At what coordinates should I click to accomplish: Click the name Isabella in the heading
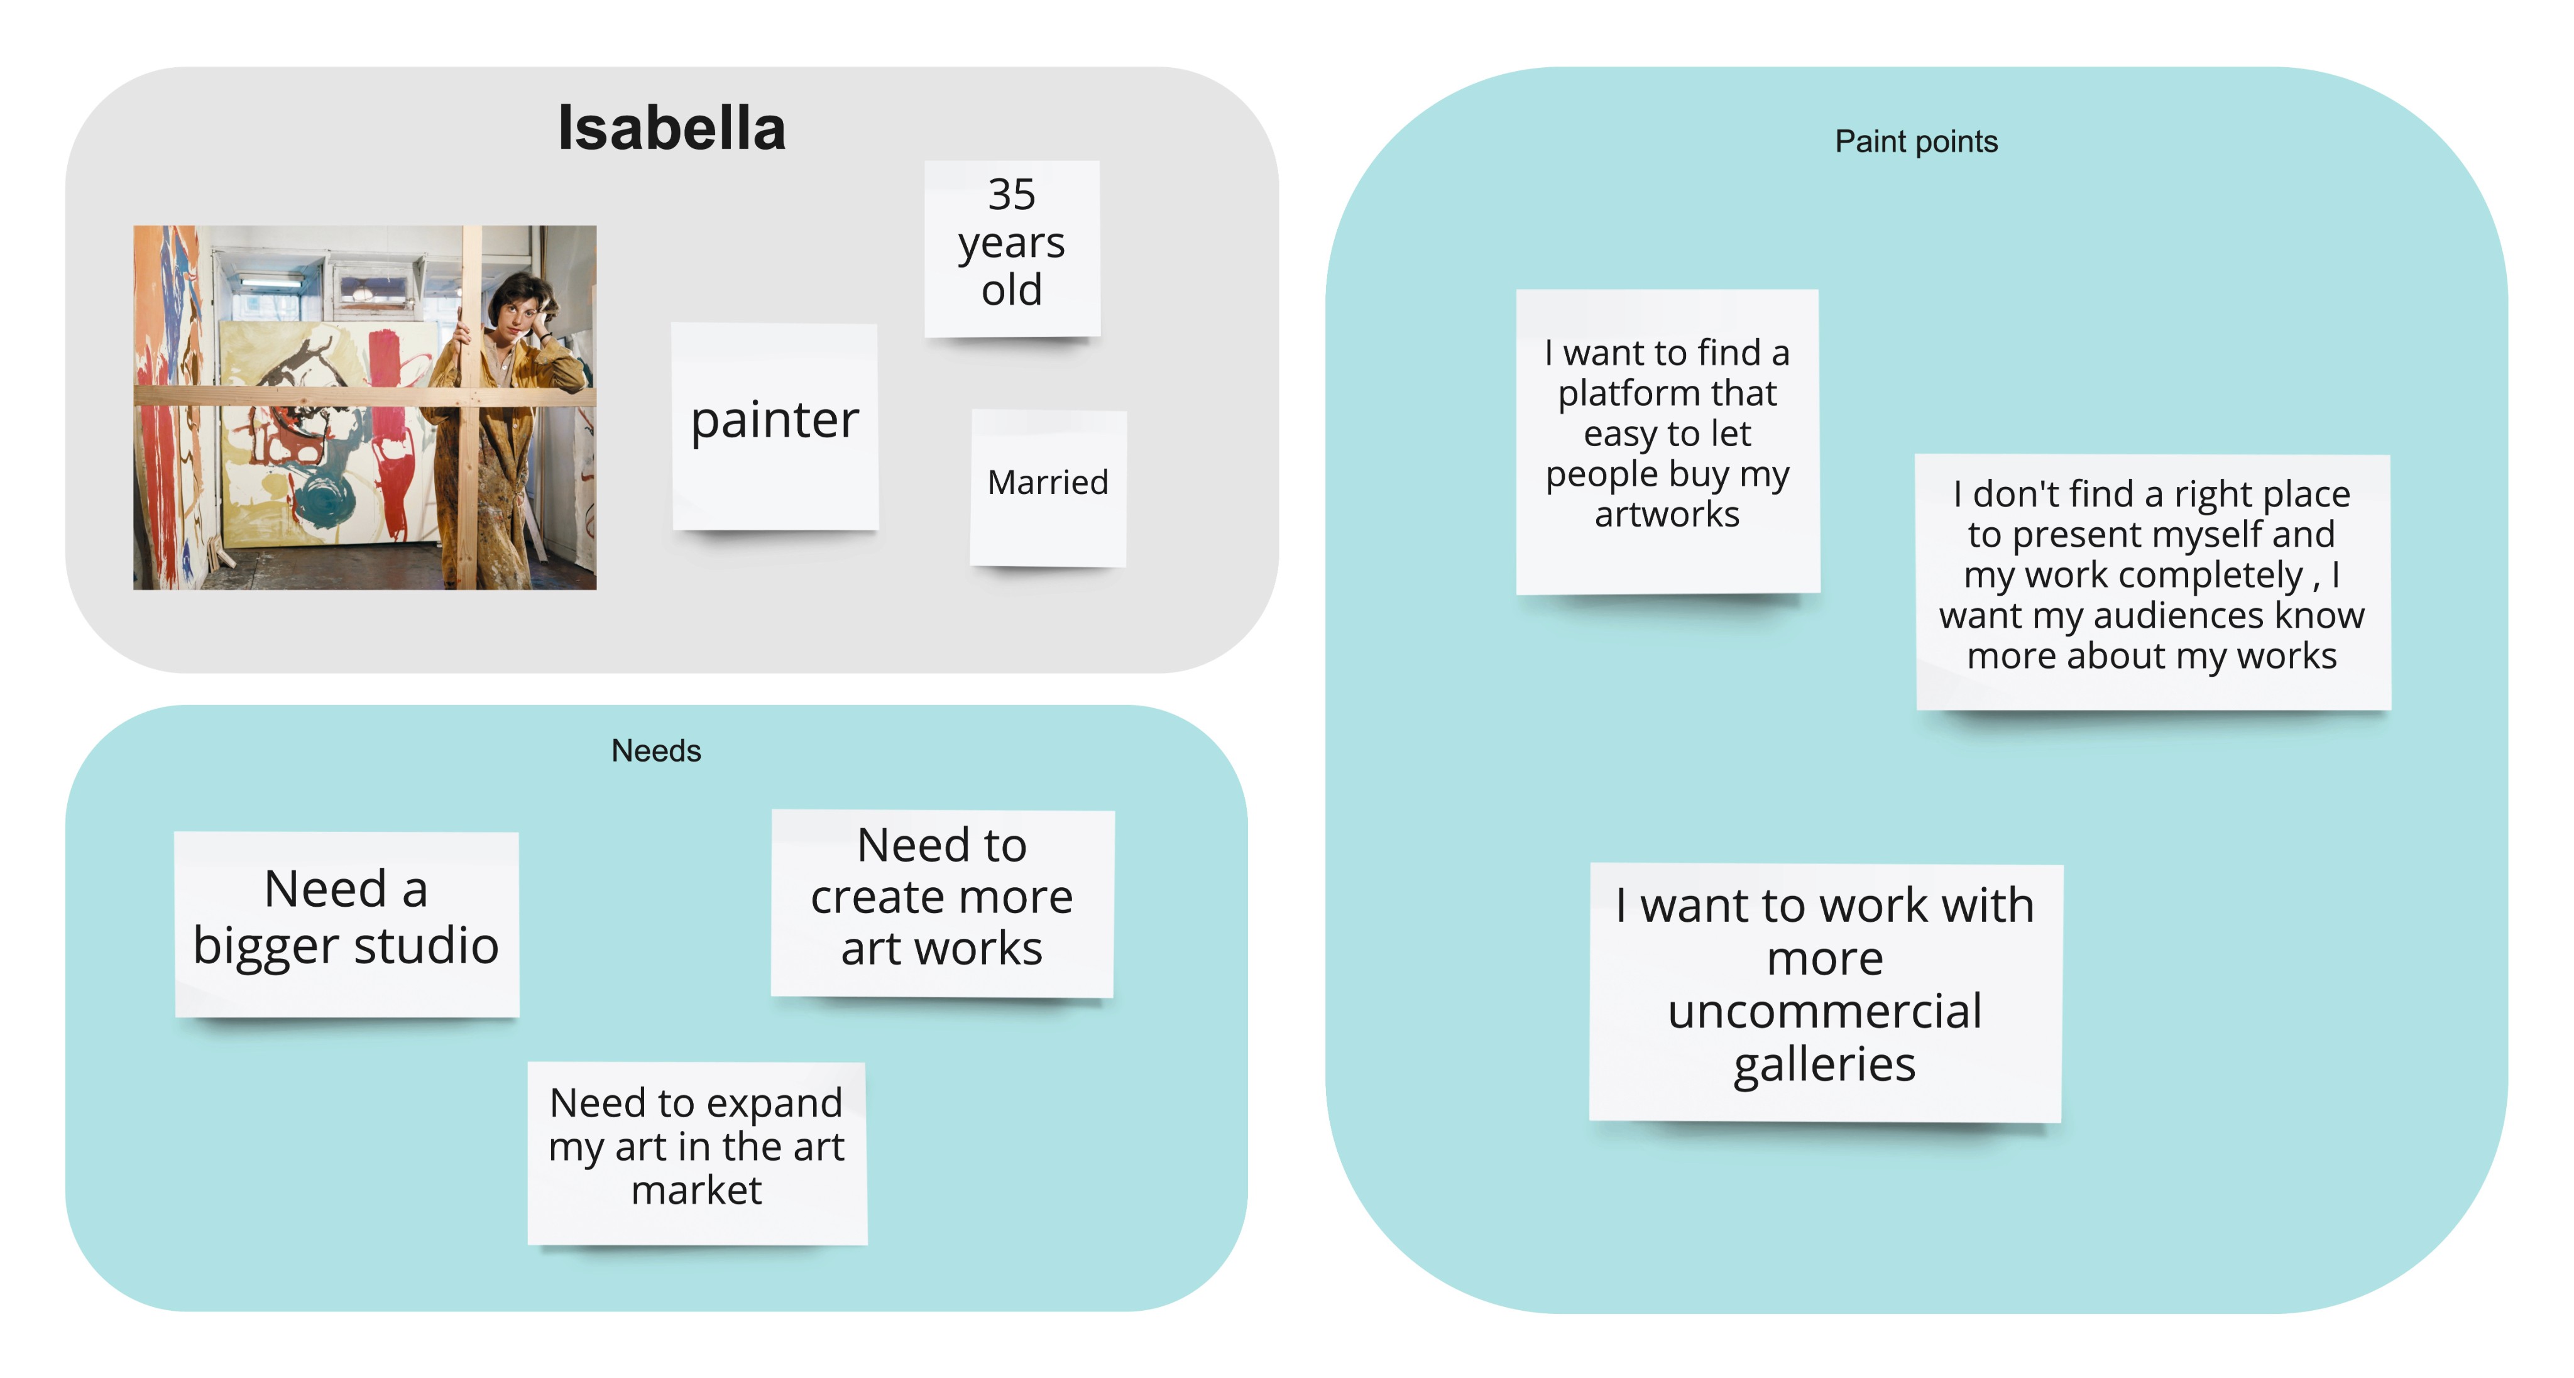672,129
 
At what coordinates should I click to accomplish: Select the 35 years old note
1011,247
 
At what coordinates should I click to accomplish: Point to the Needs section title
655,750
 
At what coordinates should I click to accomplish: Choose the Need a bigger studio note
346,923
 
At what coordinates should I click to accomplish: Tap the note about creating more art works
941,901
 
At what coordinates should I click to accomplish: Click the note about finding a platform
1667,440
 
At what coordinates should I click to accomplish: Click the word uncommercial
1824,1011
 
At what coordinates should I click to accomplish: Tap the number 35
1011,195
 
